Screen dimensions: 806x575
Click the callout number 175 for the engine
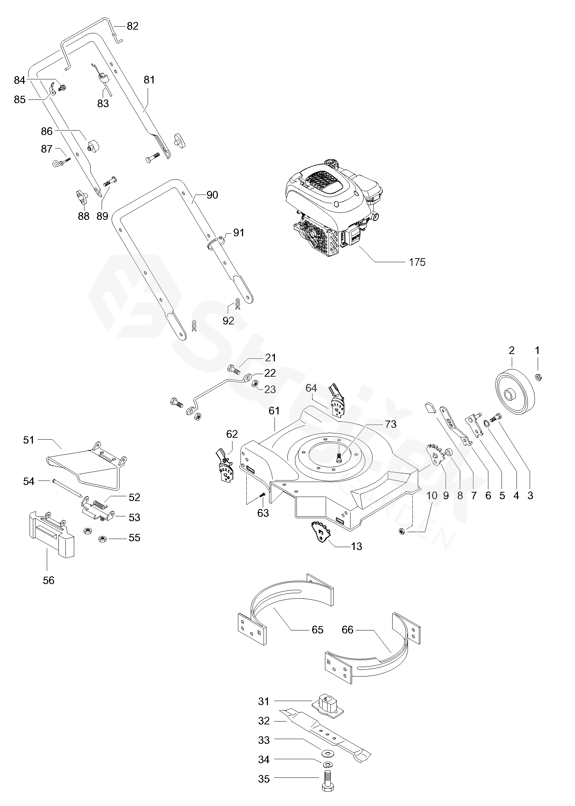coord(417,262)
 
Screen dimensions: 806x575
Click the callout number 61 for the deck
coord(274,411)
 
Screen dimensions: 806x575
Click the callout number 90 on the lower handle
coord(212,195)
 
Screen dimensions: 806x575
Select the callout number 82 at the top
coord(133,26)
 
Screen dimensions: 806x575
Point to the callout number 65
coord(317,629)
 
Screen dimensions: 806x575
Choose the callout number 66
coord(348,629)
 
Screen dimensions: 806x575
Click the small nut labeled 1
coord(538,377)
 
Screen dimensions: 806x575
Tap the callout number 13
coord(356,546)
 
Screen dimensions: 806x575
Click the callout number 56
coord(49,580)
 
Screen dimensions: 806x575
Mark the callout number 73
coord(390,424)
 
